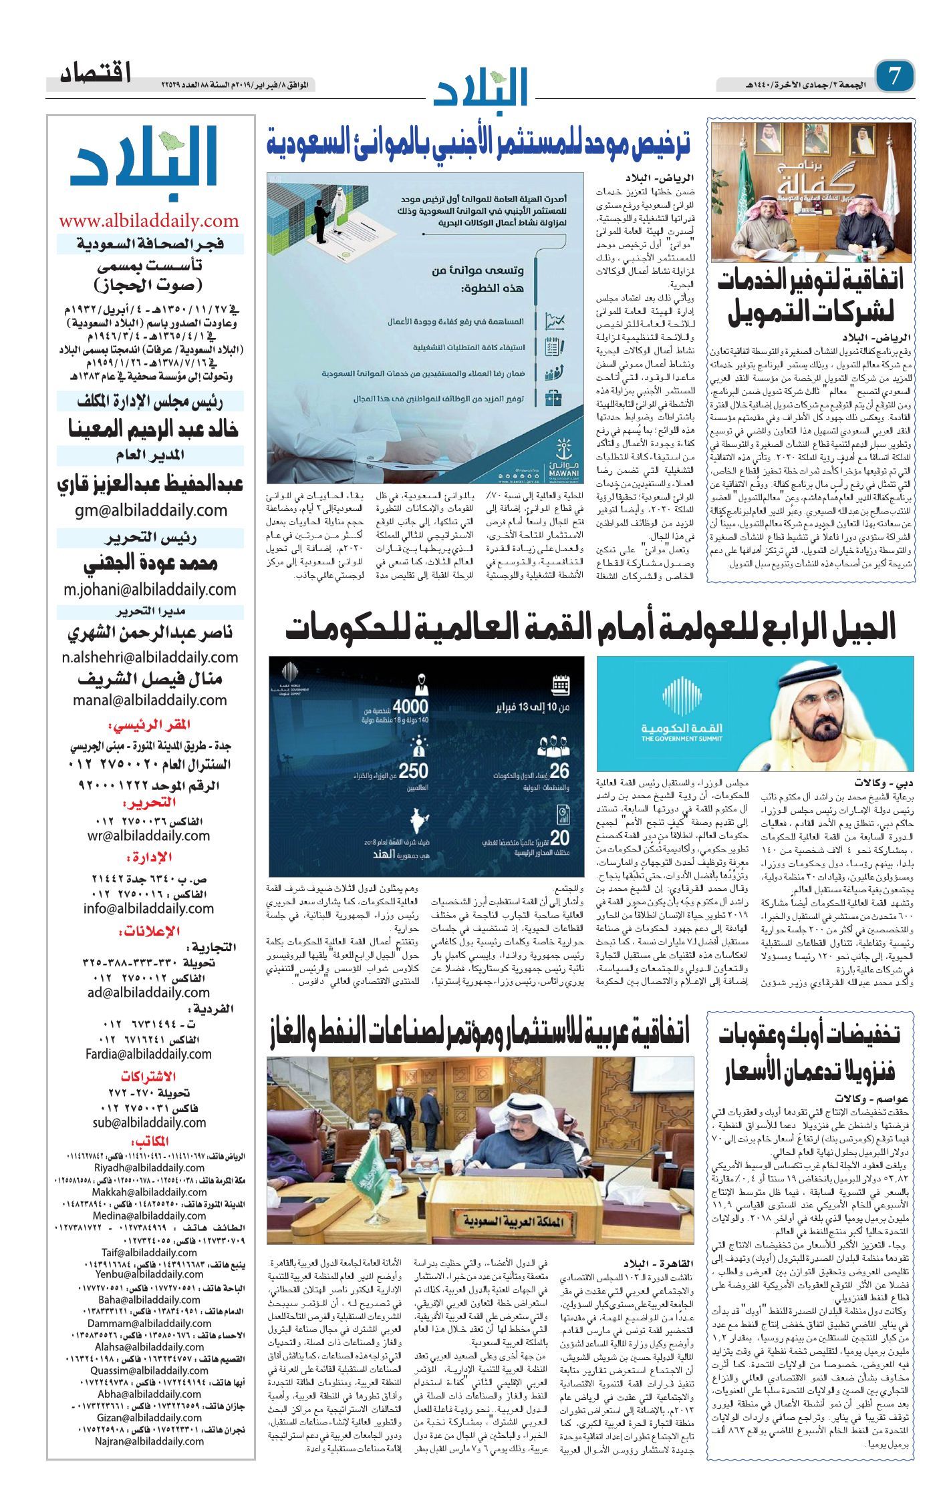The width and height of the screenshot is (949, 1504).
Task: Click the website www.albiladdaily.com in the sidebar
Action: coord(149,220)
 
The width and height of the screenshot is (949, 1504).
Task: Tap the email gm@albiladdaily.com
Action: coord(150,511)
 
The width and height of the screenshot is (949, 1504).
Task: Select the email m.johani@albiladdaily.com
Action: coord(150,590)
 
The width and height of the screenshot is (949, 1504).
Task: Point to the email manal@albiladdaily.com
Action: coord(150,700)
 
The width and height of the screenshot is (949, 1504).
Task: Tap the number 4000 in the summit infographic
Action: coord(410,706)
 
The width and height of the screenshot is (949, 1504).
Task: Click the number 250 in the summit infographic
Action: coord(413,771)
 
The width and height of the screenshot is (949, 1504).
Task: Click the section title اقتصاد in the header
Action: coord(96,73)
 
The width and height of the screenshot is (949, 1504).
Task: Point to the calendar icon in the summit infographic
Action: coord(560,685)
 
